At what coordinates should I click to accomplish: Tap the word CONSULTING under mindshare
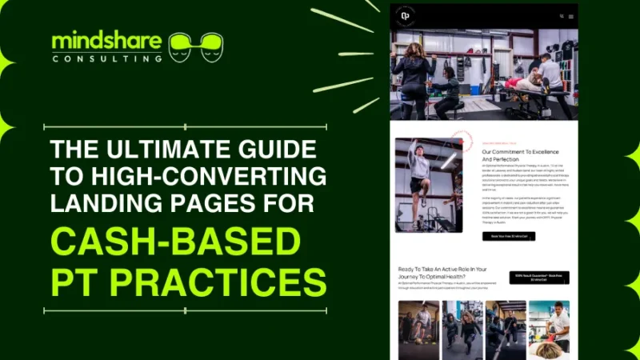(106, 58)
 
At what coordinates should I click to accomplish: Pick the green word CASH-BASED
(174, 242)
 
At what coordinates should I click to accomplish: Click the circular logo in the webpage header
(406, 16)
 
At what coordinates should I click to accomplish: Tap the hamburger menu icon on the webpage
(571, 16)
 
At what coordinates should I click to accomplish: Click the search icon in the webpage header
(562, 16)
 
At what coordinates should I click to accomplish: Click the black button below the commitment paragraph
(508, 236)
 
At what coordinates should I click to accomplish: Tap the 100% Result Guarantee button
(542, 277)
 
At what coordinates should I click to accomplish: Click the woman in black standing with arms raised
(414, 76)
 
